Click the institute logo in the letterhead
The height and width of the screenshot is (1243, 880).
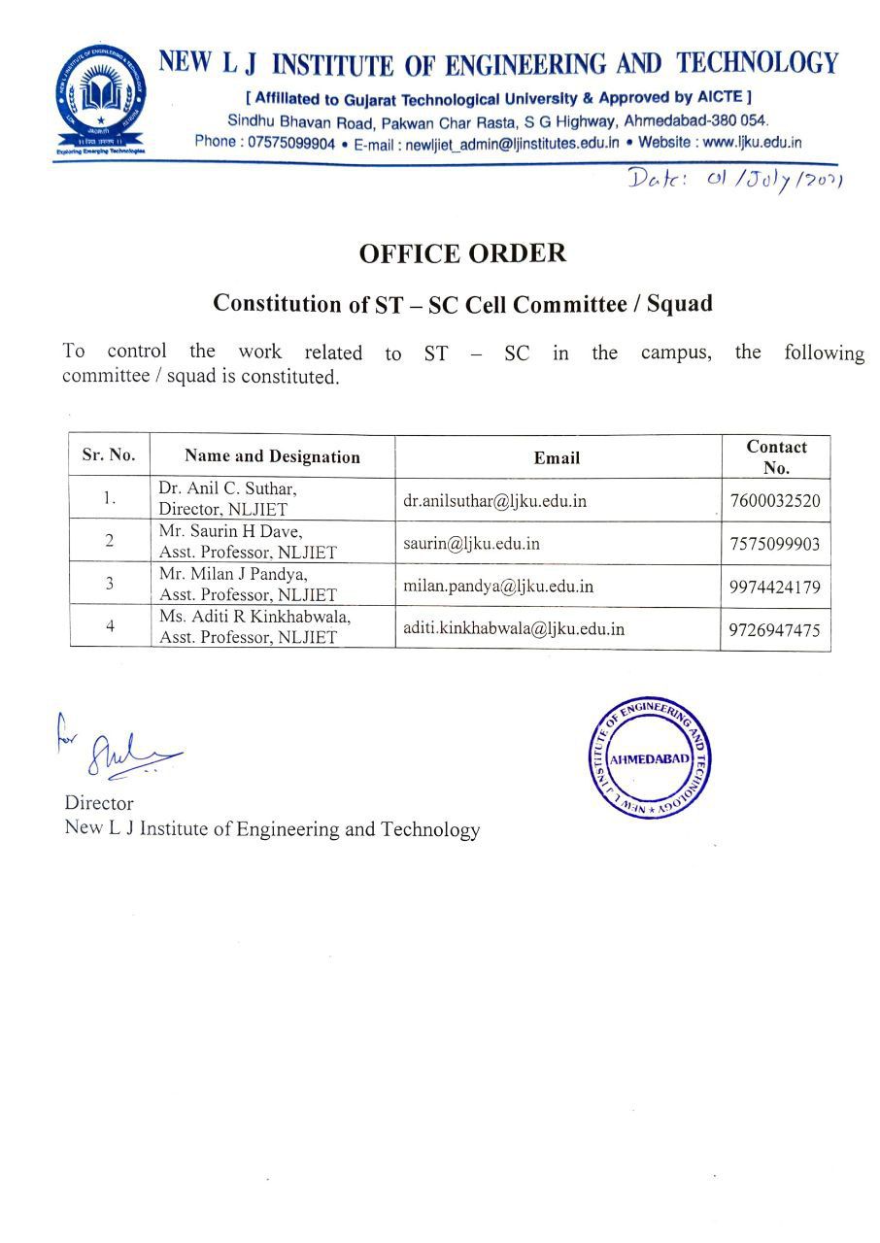[102, 97]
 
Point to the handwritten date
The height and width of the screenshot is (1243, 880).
[734, 181]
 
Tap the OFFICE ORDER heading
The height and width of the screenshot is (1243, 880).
[462, 253]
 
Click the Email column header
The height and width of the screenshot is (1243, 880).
[557, 457]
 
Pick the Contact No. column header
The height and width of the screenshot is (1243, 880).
[776, 456]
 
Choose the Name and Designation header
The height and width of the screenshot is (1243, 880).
[272, 456]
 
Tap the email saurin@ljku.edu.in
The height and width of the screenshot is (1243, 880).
[471, 543]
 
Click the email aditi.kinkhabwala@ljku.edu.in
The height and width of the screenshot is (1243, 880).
[514, 628]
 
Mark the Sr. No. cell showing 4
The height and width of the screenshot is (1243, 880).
[110, 627]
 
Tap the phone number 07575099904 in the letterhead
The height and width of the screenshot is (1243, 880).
[291, 143]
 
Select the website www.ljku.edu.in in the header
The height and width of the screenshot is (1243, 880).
[752, 142]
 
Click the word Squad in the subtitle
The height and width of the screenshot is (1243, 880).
[679, 303]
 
